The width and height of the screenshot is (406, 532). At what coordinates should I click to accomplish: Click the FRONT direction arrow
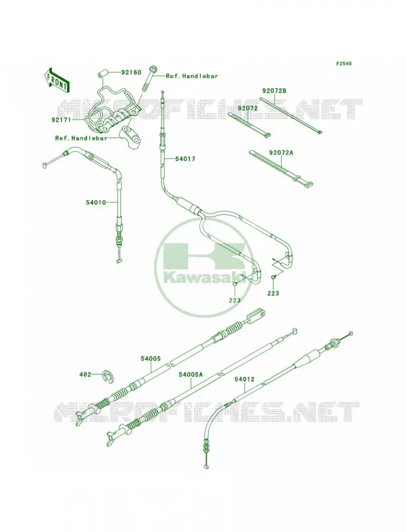[57, 80]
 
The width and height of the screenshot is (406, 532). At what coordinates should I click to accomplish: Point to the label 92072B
[274, 90]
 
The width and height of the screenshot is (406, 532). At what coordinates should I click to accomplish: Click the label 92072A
[281, 153]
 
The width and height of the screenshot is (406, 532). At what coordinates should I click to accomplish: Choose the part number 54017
[185, 158]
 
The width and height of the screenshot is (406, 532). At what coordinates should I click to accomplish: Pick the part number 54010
[96, 203]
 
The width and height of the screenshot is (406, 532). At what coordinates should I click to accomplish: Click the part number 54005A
[191, 374]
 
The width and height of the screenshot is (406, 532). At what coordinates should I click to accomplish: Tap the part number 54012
[244, 379]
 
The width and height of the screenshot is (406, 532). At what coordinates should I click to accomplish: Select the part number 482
[85, 374]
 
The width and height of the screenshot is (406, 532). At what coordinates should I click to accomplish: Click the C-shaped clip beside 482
[108, 376]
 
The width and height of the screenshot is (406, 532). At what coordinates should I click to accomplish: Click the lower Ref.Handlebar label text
[81, 138]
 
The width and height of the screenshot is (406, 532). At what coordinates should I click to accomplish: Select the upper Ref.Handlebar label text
[192, 76]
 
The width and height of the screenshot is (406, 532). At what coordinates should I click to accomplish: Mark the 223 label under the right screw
[273, 293]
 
